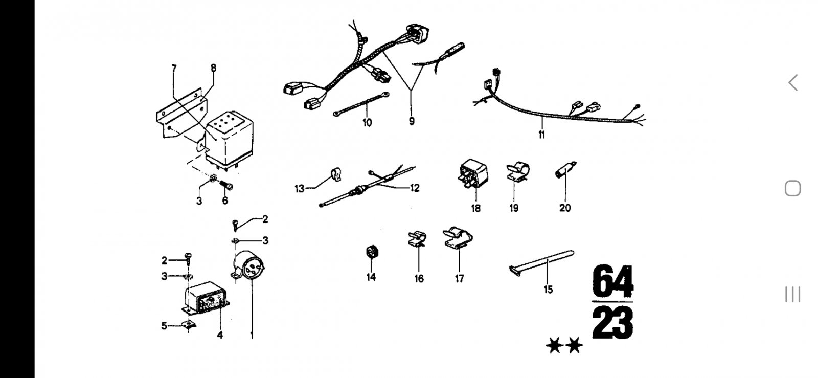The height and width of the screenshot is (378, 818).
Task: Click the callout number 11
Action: coord(541,135)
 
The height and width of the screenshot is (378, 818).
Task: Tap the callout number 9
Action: coord(412,121)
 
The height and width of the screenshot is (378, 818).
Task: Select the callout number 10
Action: coord(367,123)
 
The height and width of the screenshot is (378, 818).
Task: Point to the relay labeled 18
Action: coord(473,174)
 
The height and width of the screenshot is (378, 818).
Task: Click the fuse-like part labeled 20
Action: coord(565,170)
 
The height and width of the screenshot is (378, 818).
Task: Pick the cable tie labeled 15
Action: coord(541,262)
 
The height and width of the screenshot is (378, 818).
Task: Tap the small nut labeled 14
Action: coord(372,252)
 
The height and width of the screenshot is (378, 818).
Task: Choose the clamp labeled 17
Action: coord(458,238)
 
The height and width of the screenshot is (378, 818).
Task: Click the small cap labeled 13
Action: coord(336,174)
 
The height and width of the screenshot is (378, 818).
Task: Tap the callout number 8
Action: coord(213,69)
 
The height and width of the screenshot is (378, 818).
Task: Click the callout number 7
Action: coord(174,69)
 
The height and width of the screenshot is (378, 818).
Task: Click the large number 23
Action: coord(612,323)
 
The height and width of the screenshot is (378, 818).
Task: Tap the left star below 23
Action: coord(555,345)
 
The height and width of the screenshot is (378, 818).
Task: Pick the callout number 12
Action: coord(415,188)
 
